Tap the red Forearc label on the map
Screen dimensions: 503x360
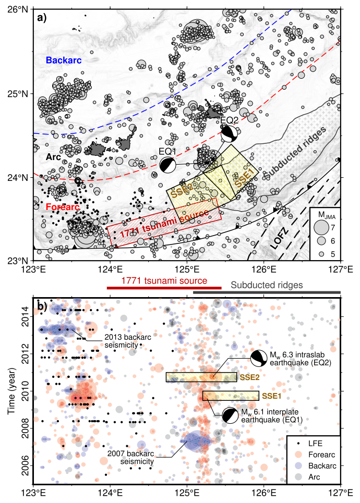[x=62, y=207]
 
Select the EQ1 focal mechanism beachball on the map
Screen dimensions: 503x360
[x=167, y=165]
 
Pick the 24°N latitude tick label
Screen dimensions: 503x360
[x=20, y=177]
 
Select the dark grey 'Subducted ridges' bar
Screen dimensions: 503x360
[x=267, y=292]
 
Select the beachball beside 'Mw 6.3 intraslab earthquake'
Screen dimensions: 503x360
[x=258, y=359]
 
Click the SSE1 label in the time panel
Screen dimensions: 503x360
[x=272, y=396]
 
